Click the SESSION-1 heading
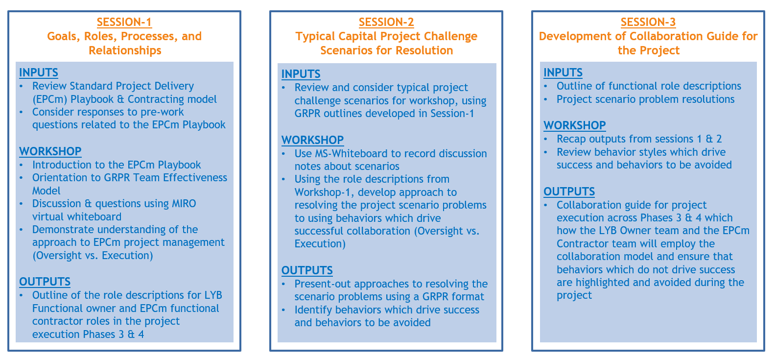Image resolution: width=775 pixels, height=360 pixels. pos(124,22)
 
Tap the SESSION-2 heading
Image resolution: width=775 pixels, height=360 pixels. pos(386,22)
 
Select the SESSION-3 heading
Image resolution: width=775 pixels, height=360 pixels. pos(648,22)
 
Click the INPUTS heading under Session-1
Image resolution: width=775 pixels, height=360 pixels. pos(38,72)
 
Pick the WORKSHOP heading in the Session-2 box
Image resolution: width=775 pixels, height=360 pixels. pos(312,140)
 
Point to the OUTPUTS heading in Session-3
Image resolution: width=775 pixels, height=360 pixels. pos(569,192)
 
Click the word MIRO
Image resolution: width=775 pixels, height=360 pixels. pos(184,204)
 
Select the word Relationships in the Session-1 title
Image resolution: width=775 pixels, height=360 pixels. pos(125,50)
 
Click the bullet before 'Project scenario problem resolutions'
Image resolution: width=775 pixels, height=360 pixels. pos(545,99)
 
